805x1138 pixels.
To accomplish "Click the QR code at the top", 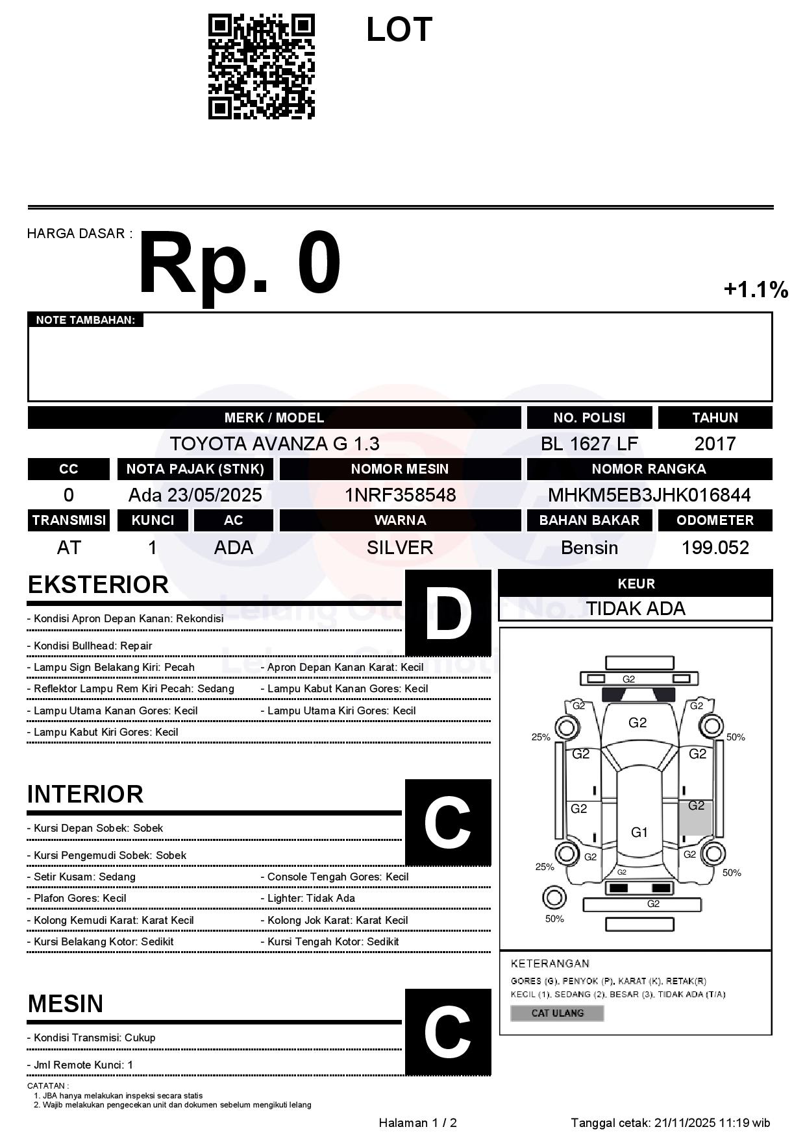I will point(261,67).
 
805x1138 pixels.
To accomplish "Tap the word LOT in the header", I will point(399,30).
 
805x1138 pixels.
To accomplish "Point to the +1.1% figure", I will point(756,289).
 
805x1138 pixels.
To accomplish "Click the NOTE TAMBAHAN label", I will point(85,320).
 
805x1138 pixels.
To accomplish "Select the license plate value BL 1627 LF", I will point(589,444).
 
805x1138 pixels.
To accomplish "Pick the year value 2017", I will point(715,444).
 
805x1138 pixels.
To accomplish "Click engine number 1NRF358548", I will point(400,495).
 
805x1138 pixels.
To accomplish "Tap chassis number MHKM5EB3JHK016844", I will point(649,495).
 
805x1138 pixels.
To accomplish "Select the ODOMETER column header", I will point(715,520).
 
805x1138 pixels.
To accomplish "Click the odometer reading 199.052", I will point(715,548).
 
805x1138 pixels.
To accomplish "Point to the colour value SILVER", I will point(400,548).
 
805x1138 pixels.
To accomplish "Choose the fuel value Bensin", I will point(589,548).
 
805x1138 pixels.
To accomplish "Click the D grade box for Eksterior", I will point(448,613).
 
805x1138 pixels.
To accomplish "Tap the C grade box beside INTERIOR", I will point(448,823).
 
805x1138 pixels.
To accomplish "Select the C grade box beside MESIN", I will point(448,1032).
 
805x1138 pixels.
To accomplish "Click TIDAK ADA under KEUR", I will point(636,609).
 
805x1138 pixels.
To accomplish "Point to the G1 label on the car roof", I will point(639,832).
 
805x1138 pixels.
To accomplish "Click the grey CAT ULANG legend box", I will point(557,1013).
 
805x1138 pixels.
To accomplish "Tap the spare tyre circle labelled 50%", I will point(554,898).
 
